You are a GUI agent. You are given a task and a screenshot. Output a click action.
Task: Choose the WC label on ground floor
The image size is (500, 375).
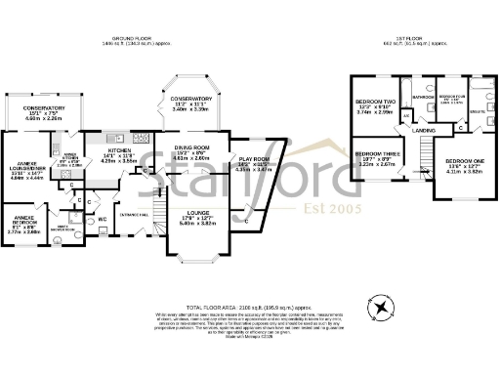(103, 219)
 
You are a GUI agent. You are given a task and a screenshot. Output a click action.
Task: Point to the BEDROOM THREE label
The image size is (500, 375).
(373, 155)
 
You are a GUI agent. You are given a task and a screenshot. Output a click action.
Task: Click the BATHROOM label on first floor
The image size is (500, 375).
(423, 98)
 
